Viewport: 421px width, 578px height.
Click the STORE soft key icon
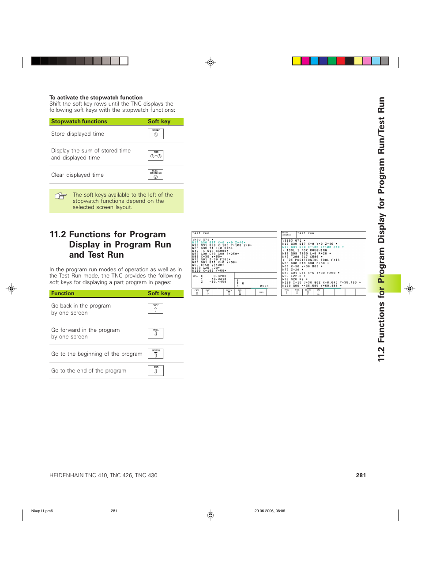155,133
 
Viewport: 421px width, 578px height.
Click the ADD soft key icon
155,155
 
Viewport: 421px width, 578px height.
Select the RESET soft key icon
155,175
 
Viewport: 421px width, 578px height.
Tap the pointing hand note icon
60,196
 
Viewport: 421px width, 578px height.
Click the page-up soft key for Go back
155,308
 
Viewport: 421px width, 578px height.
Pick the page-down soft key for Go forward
155,333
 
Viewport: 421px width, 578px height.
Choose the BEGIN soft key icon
155,354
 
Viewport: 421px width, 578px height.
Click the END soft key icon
155,371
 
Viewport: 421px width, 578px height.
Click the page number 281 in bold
361,475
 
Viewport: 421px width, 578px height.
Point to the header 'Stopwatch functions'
79,122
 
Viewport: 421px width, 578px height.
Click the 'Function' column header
63,293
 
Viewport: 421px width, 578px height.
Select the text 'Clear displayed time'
77,175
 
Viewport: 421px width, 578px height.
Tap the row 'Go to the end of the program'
89,371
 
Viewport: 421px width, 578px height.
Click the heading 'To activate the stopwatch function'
96,98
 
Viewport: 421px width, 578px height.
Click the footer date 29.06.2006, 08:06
270,511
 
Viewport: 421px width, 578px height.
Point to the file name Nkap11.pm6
42,511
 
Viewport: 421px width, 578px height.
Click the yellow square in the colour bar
297,61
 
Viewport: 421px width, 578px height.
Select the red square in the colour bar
340,61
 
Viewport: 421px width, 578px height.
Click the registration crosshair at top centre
210,63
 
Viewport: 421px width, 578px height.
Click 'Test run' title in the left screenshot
201,233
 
